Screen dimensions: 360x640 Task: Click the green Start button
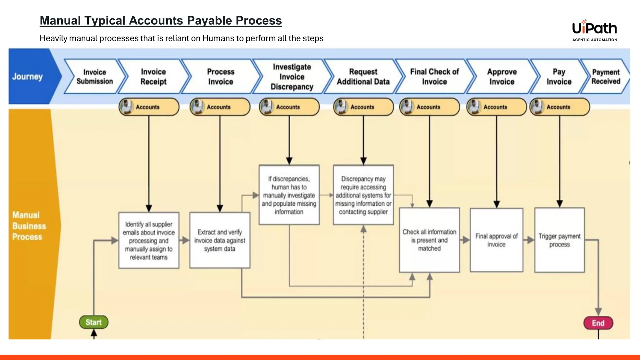tap(94, 322)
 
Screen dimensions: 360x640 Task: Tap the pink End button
tap(598, 323)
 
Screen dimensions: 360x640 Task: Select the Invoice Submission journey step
tap(95, 77)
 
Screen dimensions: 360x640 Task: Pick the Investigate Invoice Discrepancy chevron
tap(292, 77)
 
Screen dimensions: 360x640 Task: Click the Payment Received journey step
tap(606, 77)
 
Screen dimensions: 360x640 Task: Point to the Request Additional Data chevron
tap(363, 77)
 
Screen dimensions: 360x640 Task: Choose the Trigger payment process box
tap(559, 240)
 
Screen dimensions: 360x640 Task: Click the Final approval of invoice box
tap(496, 240)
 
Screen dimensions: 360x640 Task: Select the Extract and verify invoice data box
tap(220, 240)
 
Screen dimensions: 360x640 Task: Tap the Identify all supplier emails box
tap(149, 240)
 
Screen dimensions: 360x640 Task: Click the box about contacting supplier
tap(363, 195)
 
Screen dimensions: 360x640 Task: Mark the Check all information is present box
tap(429, 240)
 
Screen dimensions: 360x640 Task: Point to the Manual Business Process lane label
tap(29, 226)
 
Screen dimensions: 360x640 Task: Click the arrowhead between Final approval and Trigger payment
tap(530, 240)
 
